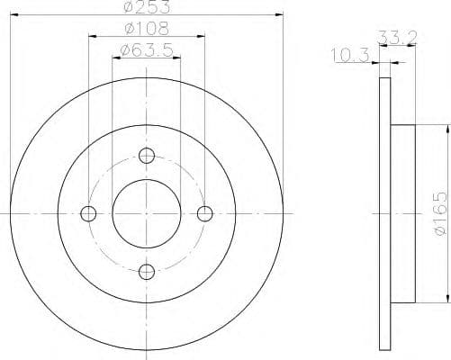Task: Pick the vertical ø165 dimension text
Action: point(437,213)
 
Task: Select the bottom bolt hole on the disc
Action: point(146,271)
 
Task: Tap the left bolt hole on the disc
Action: point(88,213)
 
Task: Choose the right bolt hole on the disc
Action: point(204,213)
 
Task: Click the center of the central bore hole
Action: point(146,213)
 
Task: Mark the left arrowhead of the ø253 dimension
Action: point(12,16)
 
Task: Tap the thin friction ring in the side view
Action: point(384,213)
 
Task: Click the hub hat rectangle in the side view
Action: point(402,213)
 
